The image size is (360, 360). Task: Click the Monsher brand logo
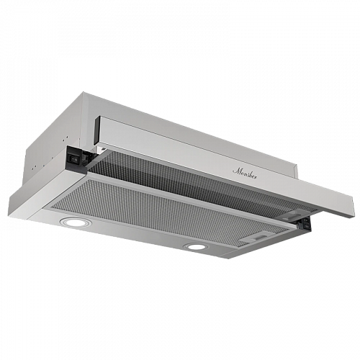pos(245,174)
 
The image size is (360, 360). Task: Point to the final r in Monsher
pos(256,178)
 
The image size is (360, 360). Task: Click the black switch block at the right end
pos(305,222)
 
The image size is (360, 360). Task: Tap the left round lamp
pos(74,222)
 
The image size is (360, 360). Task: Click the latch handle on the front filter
pos(257,237)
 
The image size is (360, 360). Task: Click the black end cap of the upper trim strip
pos(97,131)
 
